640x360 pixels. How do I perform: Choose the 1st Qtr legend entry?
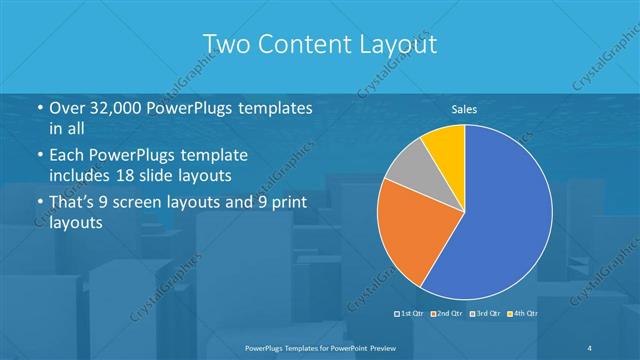tap(413, 314)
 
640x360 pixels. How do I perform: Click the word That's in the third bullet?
tap(73, 204)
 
